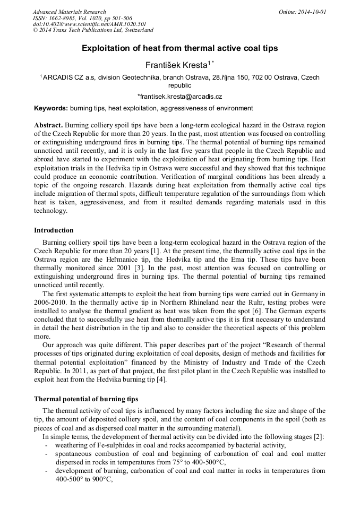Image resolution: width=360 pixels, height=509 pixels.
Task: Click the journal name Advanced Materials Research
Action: pos(69,12)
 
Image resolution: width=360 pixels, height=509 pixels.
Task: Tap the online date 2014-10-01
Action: pos(310,12)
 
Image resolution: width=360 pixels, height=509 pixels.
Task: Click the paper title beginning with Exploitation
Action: pos(179,48)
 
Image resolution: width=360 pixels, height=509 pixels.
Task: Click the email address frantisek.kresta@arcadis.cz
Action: pos(179,97)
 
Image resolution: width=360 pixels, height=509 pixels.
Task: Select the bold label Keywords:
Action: pos(51,108)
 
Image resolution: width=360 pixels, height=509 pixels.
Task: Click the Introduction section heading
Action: pos(54,230)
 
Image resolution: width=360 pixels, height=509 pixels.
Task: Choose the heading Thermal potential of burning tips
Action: pos(86,399)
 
